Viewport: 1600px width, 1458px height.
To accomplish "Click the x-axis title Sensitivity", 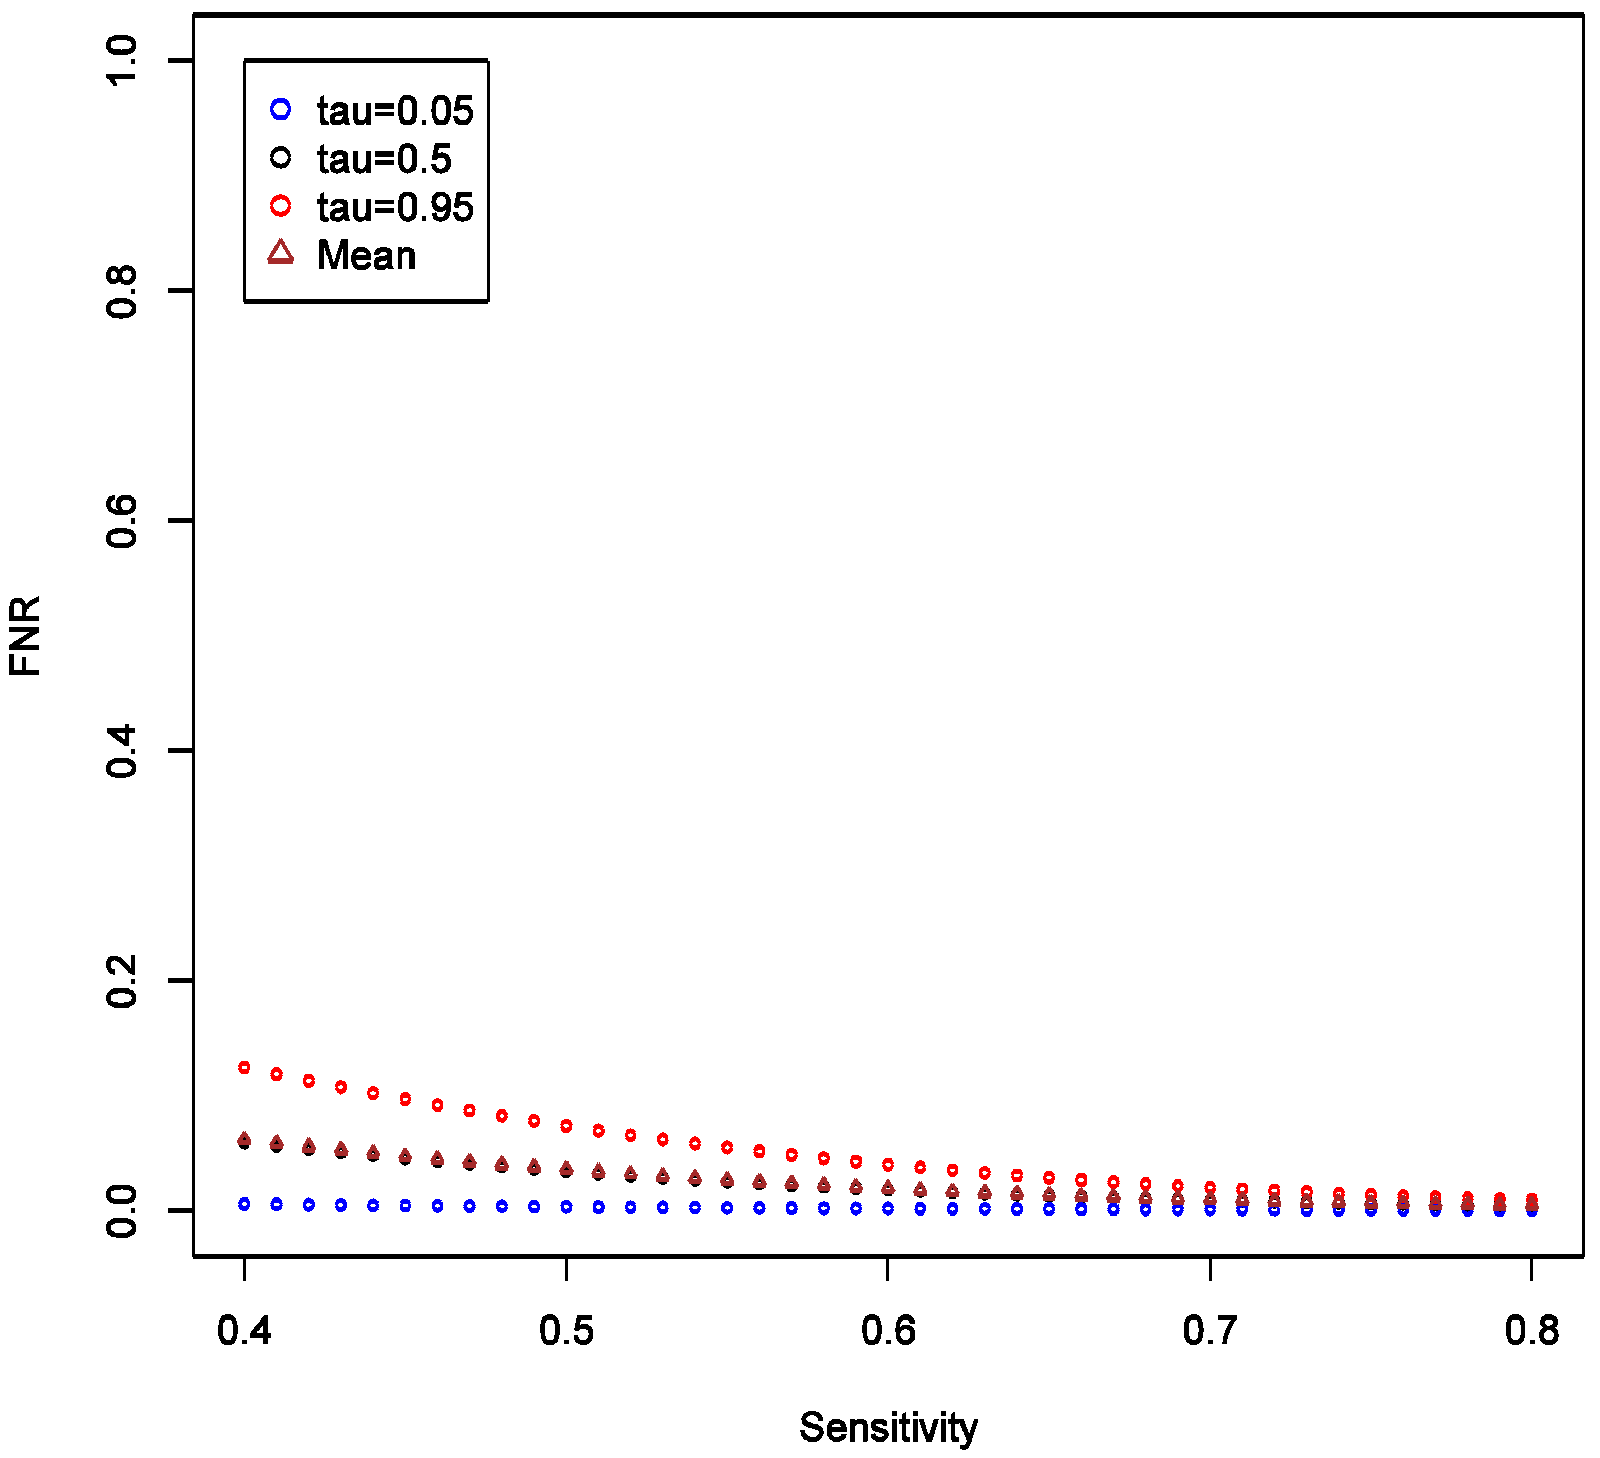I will click(888, 1428).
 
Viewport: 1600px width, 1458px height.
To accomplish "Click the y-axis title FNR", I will click(25, 636).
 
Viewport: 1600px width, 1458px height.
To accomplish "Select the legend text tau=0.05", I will click(394, 111).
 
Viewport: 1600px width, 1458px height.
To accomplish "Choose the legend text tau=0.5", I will click(384, 160).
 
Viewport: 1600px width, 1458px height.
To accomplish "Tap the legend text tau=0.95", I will click(394, 208).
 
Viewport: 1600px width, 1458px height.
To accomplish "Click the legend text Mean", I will click(366, 255).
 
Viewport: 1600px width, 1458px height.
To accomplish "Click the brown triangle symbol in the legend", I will click(280, 253).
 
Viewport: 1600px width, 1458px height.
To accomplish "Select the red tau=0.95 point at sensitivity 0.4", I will click(245, 1068).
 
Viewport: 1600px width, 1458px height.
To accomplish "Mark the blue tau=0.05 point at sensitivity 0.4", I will click(245, 1205).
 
